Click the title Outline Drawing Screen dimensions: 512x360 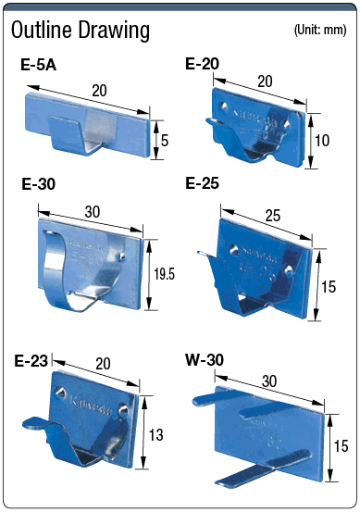click(x=80, y=30)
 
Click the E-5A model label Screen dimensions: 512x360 click(x=39, y=66)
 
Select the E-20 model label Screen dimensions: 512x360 click(x=202, y=64)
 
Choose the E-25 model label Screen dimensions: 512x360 click(x=202, y=183)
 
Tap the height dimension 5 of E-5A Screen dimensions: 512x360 click(x=164, y=141)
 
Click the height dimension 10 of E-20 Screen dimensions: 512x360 click(x=324, y=140)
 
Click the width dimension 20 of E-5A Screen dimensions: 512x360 click(x=99, y=90)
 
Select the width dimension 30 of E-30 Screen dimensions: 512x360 click(x=93, y=211)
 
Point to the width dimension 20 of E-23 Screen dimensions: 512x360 click(x=102, y=364)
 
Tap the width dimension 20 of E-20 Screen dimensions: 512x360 click(x=266, y=81)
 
